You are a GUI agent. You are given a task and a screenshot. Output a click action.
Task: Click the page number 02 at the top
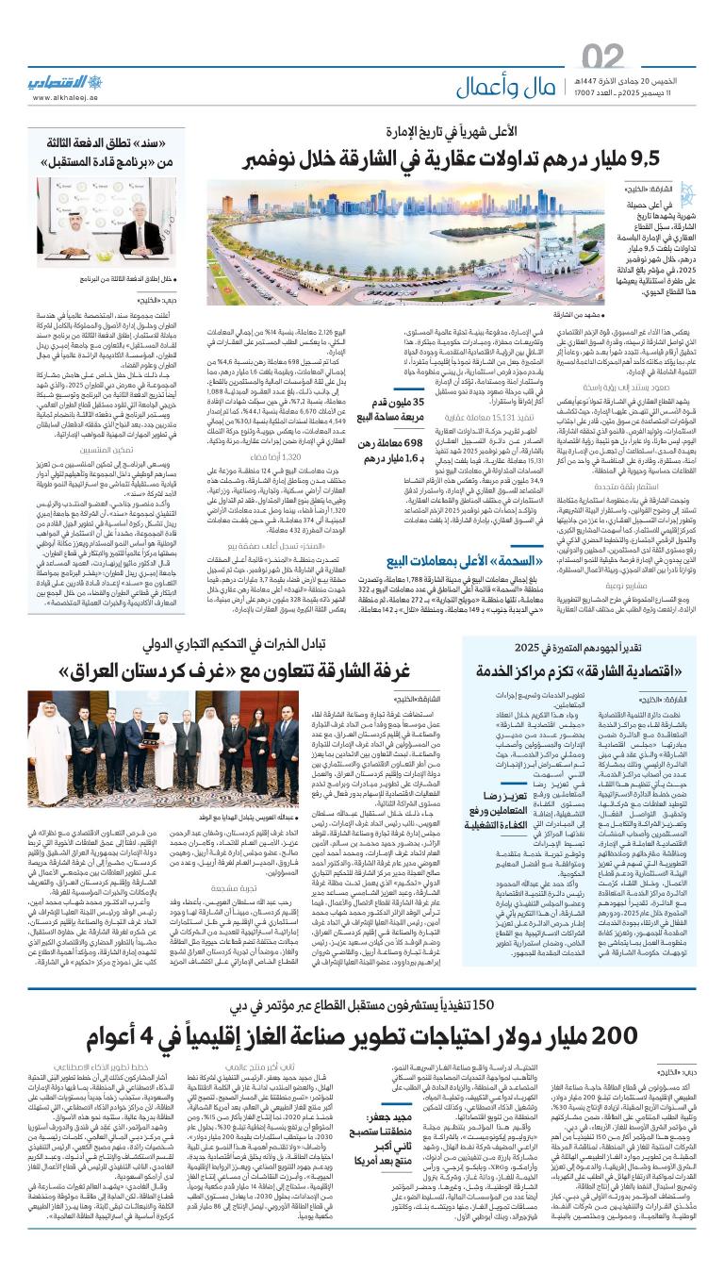click(602, 58)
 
